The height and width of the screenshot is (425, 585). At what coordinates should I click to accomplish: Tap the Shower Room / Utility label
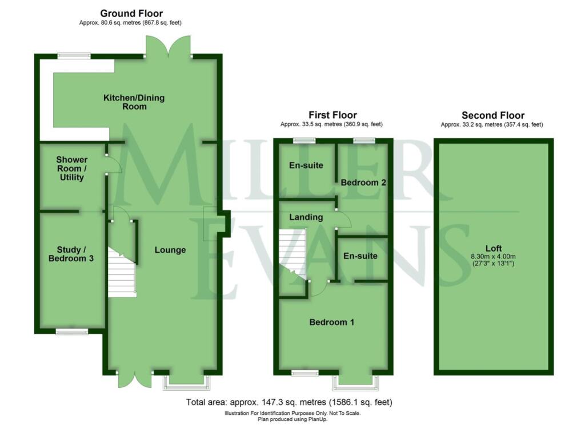point(72,169)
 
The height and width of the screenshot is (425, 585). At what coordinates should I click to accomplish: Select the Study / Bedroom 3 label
point(75,254)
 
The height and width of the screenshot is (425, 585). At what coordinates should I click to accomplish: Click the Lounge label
point(170,250)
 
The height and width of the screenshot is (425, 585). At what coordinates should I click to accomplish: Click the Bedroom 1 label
point(332,322)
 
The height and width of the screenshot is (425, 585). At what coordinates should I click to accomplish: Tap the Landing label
point(306,217)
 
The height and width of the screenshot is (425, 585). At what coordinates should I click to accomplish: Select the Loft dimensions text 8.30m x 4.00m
point(492,256)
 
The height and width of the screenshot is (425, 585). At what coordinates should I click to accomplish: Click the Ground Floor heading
point(131,13)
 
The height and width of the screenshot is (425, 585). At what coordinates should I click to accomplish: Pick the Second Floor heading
point(493,115)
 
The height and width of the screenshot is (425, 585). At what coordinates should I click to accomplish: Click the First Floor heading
point(332,115)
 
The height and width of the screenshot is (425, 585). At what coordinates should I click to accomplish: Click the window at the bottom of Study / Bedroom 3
point(72,331)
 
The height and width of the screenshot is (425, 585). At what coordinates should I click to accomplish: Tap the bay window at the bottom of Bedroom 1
point(356,381)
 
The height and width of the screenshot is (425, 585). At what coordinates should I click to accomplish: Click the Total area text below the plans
point(289,402)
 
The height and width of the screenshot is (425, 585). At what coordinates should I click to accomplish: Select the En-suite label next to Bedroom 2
point(306,165)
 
